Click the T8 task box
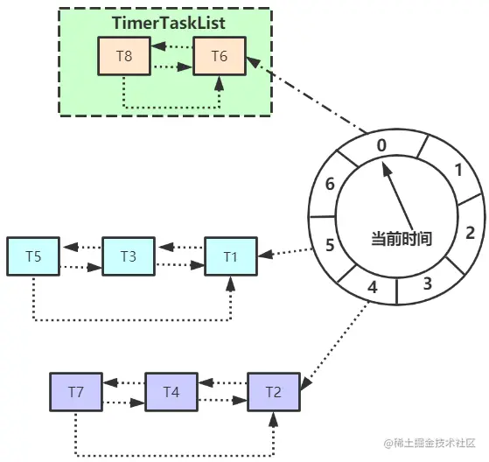pyautogui.click(x=124, y=56)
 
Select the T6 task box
pyautogui.click(x=220, y=56)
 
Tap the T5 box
pyautogui.click(x=33, y=256)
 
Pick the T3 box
pyautogui.click(x=129, y=256)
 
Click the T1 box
pyautogui.click(x=231, y=256)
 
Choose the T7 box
pyautogui.click(x=76, y=392)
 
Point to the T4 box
pyautogui.click(x=171, y=392)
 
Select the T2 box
pyautogui.click(x=274, y=392)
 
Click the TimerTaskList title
pyautogui.click(x=169, y=23)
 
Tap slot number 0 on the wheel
pyautogui.click(x=381, y=145)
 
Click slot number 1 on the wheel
pyautogui.click(x=458, y=171)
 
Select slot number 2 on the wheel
pyautogui.click(x=471, y=233)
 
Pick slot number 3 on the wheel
pyautogui.click(x=428, y=283)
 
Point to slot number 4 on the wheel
pyautogui.click(x=373, y=287)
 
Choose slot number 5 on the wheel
pyautogui.click(x=330, y=245)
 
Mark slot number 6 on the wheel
pyautogui.click(x=330, y=184)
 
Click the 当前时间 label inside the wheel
pyautogui.click(x=402, y=239)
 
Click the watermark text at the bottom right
pyautogui.click(x=430, y=443)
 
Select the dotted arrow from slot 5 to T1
pyautogui.click(x=285, y=252)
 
